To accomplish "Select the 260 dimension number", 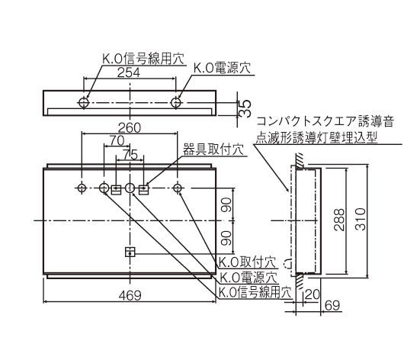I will click(x=130, y=128).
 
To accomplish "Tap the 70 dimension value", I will click(x=117, y=140).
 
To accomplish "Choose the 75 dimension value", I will click(x=130, y=153).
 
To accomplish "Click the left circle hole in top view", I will click(x=85, y=102).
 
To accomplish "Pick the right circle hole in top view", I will click(x=177, y=102).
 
